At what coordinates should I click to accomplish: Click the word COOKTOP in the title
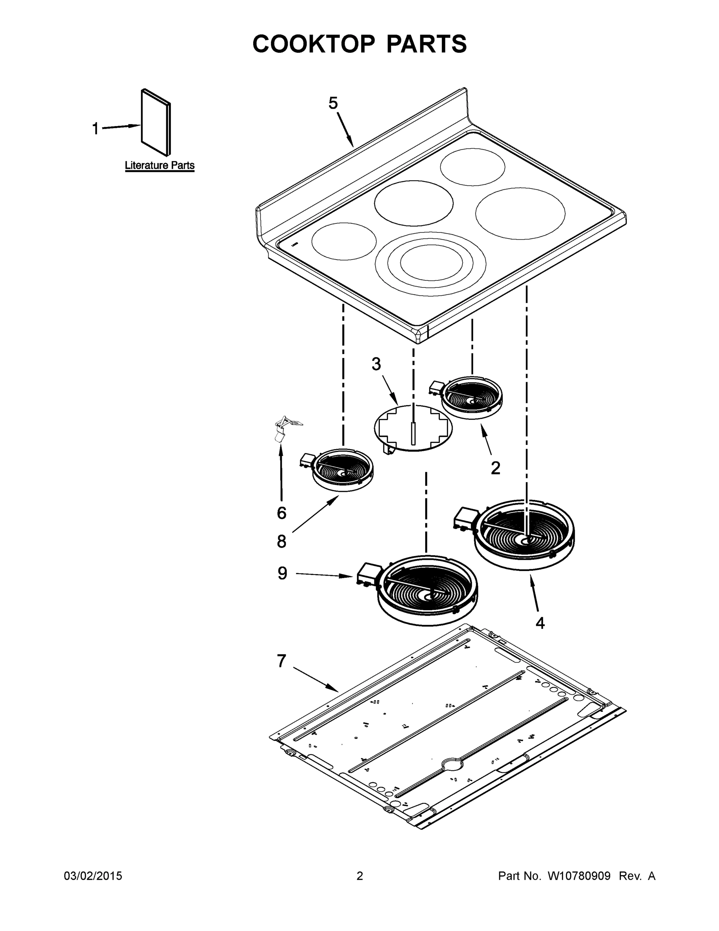(x=314, y=44)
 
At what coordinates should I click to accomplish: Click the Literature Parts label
(x=160, y=165)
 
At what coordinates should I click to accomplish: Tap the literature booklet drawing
(x=156, y=123)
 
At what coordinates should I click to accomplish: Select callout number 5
(x=333, y=103)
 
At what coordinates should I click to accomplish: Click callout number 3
(x=376, y=364)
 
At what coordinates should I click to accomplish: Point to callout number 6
(x=281, y=513)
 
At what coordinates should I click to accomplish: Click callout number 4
(x=540, y=623)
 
